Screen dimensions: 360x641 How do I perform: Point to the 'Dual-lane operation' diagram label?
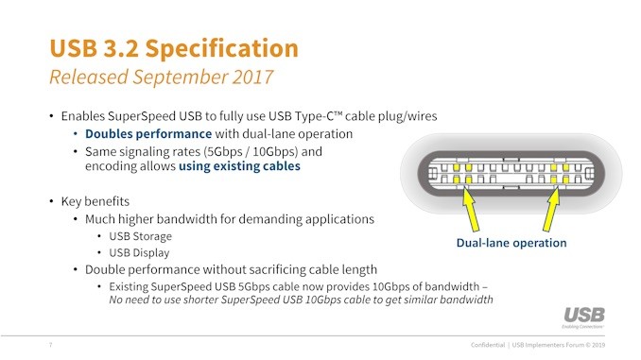point(511,243)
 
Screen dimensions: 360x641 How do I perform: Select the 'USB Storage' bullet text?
point(141,236)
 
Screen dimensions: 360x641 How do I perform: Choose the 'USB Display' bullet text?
point(140,252)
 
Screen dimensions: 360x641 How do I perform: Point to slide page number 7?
point(50,345)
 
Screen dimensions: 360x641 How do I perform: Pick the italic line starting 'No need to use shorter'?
point(301,300)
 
